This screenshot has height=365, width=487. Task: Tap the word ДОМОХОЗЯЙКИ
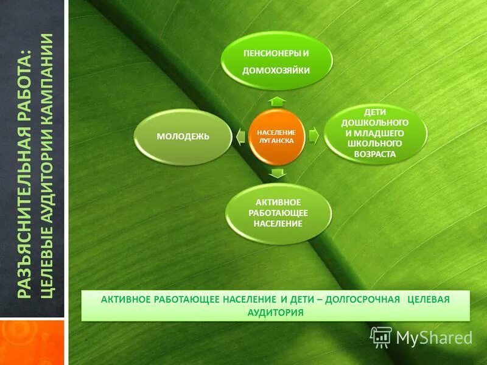pyautogui.click(x=276, y=71)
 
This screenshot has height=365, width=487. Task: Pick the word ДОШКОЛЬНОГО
pyautogui.click(x=376, y=123)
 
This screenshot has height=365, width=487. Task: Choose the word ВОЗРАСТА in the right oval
pyautogui.click(x=376, y=154)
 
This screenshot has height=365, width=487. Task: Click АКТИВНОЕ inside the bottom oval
pyautogui.click(x=279, y=202)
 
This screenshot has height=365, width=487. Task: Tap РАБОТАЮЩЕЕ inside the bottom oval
pyautogui.click(x=279, y=213)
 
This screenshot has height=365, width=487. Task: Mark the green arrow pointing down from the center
pyautogui.click(x=277, y=174)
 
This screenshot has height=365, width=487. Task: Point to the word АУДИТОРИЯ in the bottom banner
pyautogui.click(x=276, y=312)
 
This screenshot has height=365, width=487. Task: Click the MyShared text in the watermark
pyautogui.click(x=434, y=337)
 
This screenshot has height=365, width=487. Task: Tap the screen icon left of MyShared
pyautogui.click(x=381, y=336)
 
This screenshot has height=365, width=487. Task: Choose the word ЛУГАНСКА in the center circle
pyautogui.click(x=276, y=141)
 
